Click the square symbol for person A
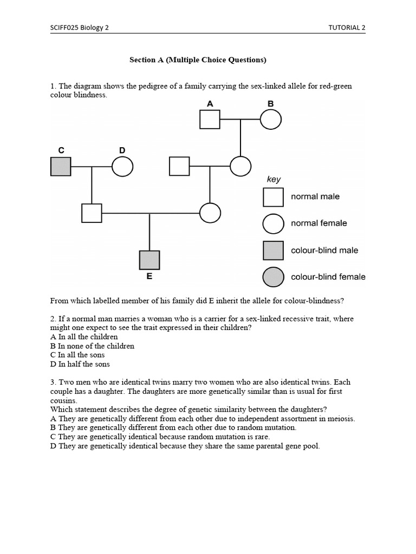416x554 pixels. pos(210,119)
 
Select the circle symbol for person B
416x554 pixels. pos(270,119)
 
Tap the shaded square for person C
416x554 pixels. pos(61,166)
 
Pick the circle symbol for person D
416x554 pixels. pos(122,166)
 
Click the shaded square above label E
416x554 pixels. pos(149,260)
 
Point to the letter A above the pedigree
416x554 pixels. pos(210,103)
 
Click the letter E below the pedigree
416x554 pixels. pos(149,276)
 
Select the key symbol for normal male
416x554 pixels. pos(273,197)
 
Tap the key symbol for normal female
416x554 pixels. pos(273,223)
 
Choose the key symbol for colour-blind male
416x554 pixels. pos(273,250)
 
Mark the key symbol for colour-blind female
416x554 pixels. pos(273,277)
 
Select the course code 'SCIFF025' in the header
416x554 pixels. pos(64,28)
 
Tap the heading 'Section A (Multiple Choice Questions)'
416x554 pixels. pos(198,60)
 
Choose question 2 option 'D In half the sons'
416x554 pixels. pos(80,364)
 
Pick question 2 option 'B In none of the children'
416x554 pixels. pos(92,346)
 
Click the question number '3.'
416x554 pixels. pos(53,382)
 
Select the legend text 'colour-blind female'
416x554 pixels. pos(328,277)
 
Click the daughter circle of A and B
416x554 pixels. pos(240,166)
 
